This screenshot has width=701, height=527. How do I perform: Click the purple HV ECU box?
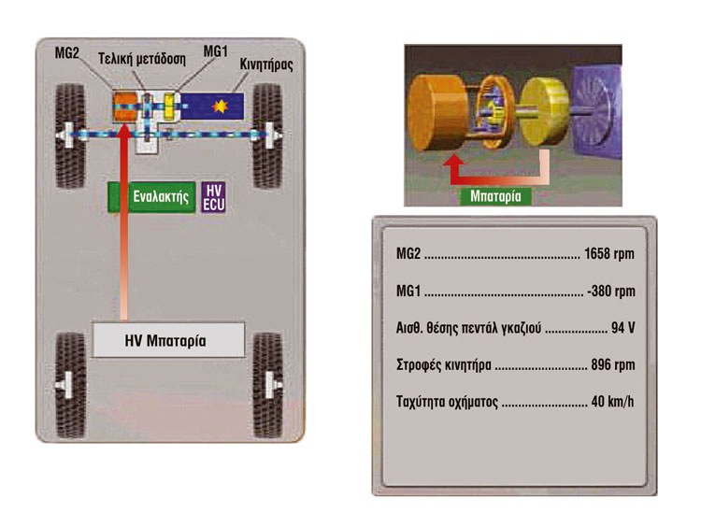tap(213, 196)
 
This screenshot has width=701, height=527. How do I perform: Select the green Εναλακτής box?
tap(151, 196)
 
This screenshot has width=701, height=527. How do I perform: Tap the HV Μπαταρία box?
tap(168, 340)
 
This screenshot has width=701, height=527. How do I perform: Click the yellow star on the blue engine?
tap(220, 106)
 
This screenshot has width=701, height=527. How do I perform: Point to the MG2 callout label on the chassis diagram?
tap(66, 52)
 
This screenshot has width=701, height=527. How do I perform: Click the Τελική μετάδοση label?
tap(142, 59)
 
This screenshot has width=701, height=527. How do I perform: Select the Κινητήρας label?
tap(266, 64)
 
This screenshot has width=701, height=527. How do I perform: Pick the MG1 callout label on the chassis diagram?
tap(216, 51)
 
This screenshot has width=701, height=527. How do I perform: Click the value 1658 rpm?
tap(608, 254)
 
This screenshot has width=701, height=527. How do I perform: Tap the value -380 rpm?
tap(610, 291)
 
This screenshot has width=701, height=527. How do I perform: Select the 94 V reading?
tap(622, 328)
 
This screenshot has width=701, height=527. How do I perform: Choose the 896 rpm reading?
tap(612, 364)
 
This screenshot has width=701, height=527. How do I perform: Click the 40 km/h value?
tap(612, 402)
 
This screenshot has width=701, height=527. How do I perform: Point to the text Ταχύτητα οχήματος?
tap(447, 402)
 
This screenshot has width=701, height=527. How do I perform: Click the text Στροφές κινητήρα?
tap(443, 365)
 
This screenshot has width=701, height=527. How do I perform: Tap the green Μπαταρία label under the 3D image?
tap(495, 196)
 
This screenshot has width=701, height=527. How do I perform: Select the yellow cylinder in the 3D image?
tap(544, 111)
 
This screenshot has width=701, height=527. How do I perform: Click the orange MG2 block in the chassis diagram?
tap(125, 107)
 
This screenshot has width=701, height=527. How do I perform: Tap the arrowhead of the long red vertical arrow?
tap(123, 130)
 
